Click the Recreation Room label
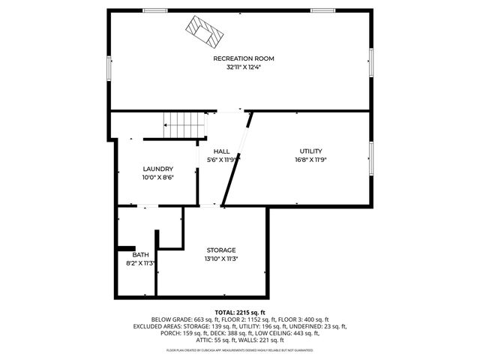[x=243, y=58]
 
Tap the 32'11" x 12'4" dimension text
[x=243, y=67]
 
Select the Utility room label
[x=310, y=151]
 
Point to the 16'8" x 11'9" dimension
[x=310, y=159]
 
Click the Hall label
[x=221, y=151]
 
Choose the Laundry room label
[x=157, y=169]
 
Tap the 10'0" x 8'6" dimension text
[x=157, y=177]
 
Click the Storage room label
[x=221, y=250]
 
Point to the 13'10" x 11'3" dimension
[x=221, y=259]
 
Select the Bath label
[x=141, y=255]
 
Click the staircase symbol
[x=185, y=123]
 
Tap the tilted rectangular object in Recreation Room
[x=205, y=31]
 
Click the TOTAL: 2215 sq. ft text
[x=240, y=312]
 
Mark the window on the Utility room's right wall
[x=370, y=157]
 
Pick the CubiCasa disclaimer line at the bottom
[x=240, y=350]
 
